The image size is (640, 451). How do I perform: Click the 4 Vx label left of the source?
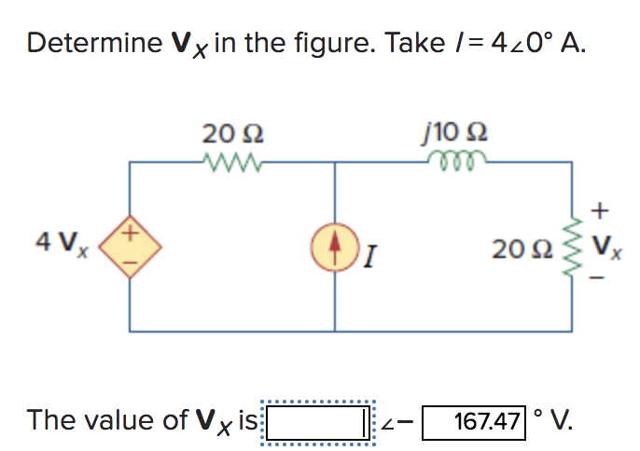click(52, 243)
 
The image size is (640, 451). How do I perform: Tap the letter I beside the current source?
click(371, 250)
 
